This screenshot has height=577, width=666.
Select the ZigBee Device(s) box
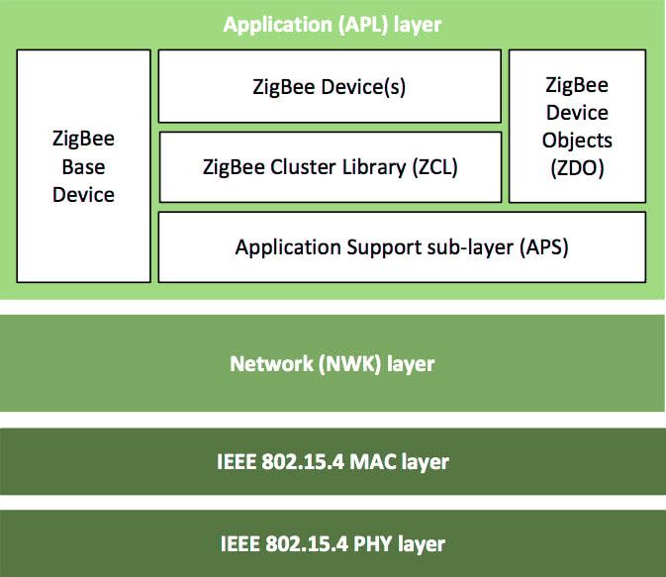coord(329,86)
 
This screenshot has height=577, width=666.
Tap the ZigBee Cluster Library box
coord(329,167)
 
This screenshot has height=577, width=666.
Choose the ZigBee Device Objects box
coord(577,127)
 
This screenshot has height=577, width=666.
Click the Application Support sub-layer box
coord(402,246)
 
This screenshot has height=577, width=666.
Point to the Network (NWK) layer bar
coord(333,363)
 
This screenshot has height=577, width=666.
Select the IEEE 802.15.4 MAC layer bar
coord(333,461)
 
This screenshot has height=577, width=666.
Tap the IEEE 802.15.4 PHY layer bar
coord(333,543)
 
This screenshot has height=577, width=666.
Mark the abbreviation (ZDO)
coord(577,169)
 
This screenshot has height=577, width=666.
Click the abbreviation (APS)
coord(543,246)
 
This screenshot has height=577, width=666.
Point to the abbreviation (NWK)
coord(345,363)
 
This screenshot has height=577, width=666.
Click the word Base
coord(83,167)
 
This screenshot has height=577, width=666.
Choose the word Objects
coord(577,141)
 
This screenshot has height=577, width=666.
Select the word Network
coord(268,363)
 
